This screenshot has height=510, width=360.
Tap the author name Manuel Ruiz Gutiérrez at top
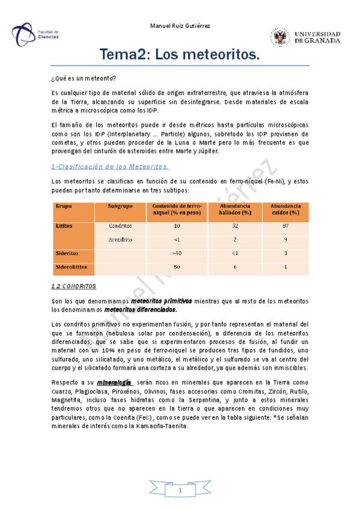180,25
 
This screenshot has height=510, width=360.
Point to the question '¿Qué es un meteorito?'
84,79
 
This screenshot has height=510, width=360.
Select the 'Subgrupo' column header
120,206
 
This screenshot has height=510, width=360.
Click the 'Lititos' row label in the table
64,226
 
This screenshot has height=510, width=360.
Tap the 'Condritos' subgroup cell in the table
121,226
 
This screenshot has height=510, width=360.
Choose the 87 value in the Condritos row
285,226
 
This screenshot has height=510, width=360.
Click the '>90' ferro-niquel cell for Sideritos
177,253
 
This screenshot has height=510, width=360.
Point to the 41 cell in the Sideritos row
234,253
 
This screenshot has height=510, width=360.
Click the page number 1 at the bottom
179,492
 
